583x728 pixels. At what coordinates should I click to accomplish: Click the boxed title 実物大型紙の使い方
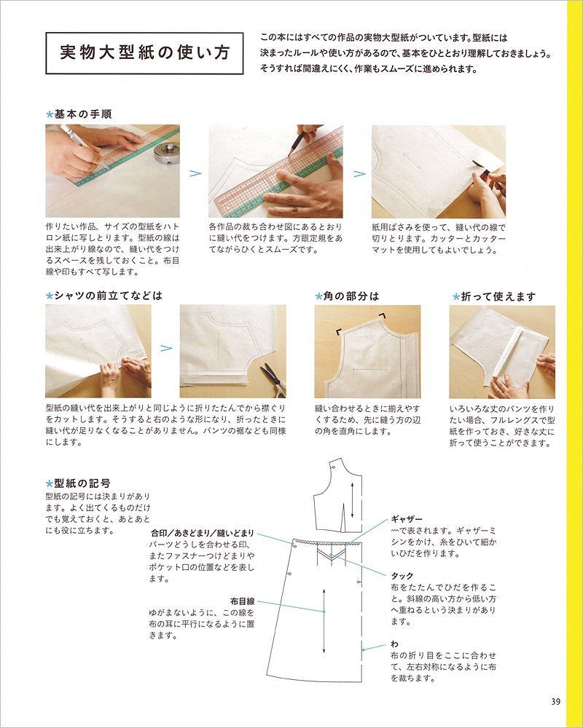[x=144, y=53]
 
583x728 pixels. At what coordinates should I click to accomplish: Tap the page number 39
[x=555, y=702]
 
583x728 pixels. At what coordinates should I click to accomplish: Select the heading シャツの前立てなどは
[x=107, y=296]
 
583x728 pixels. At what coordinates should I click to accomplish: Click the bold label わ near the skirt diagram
[x=394, y=644]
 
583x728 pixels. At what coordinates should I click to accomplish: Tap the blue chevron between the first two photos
[x=195, y=174]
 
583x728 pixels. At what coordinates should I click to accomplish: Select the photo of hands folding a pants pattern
[x=501, y=352]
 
